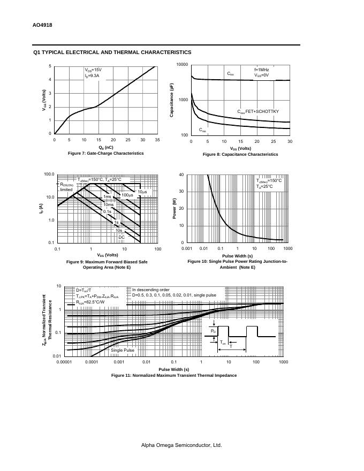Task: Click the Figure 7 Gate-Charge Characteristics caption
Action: point(105,153)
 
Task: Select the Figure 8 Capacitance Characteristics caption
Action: point(240,154)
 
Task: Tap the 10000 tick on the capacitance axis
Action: point(181,65)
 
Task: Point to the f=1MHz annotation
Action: point(261,70)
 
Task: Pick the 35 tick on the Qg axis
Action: point(157,140)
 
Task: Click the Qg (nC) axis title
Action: point(105,147)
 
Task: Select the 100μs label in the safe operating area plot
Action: point(127,195)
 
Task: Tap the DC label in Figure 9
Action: point(122,237)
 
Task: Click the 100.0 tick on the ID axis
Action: point(49,174)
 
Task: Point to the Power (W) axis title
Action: point(174,209)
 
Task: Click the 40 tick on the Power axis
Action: point(181,174)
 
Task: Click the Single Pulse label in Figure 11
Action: point(123,350)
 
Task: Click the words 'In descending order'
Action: point(150,290)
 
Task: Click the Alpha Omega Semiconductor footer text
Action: point(181,445)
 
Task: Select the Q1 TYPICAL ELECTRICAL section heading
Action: point(112,52)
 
